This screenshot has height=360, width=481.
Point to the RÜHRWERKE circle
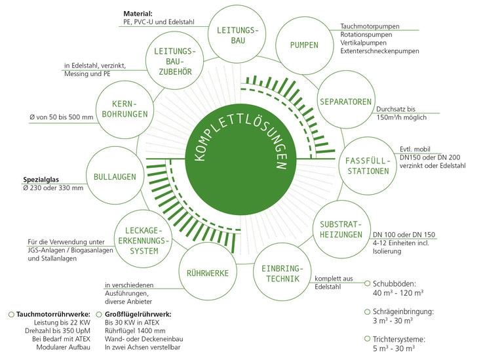(206, 273)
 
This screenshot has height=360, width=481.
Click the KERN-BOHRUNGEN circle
(124, 110)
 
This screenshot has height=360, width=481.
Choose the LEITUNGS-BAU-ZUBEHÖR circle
(173, 61)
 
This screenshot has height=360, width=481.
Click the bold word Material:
(138, 13)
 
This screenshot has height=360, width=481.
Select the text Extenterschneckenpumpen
(379, 51)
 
